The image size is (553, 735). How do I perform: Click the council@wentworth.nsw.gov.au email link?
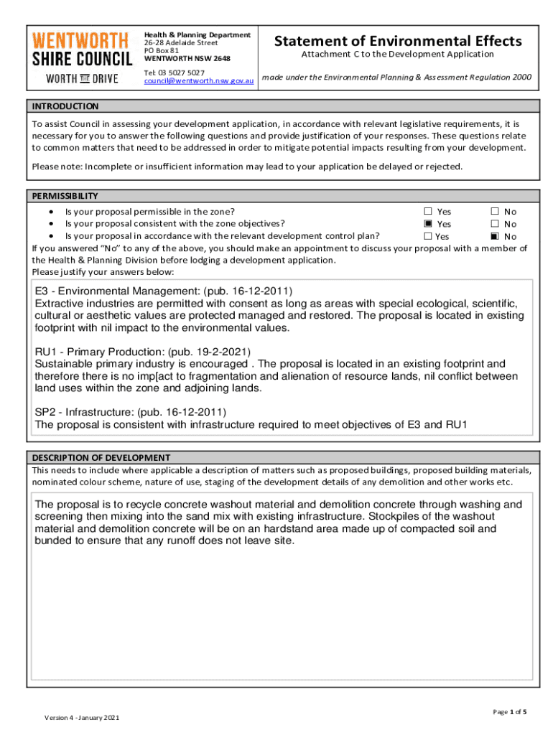(199, 82)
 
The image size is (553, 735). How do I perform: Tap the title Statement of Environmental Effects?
(397, 41)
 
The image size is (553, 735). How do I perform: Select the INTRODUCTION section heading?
(65, 106)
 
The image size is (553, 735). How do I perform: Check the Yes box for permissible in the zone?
(428, 212)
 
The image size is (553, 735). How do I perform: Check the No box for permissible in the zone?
(494, 212)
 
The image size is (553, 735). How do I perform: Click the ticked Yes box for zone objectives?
(428, 224)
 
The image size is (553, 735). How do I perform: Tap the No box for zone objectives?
(494, 224)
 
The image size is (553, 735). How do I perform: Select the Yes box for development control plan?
(428, 236)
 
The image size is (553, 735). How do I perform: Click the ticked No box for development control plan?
(494, 236)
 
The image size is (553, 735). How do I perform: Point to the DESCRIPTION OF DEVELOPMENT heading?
(101, 457)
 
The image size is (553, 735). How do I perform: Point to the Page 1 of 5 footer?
(509, 712)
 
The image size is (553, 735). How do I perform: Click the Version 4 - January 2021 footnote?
(82, 718)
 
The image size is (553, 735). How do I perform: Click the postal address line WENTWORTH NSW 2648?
(187, 58)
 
